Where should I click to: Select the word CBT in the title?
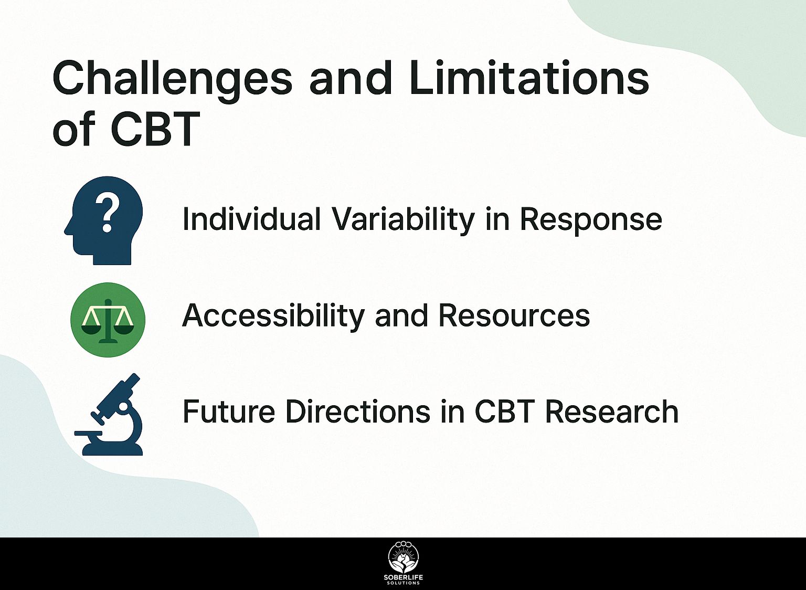(x=155, y=129)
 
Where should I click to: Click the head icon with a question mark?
(x=103, y=220)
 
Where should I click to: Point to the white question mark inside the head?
(x=107, y=215)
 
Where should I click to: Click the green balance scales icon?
(x=108, y=319)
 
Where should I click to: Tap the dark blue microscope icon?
(x=109, y=414)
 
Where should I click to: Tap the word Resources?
(x=514, y=315)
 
